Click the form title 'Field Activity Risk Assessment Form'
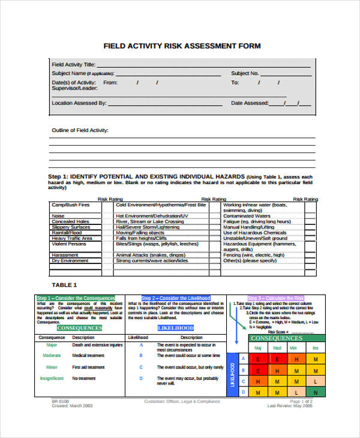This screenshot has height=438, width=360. (182, 46)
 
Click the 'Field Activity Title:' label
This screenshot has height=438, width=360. (73, 64)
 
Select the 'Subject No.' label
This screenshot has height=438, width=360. (245, 73)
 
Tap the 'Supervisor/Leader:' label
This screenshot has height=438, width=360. (74, 88)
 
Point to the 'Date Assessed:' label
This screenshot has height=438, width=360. (250, 103)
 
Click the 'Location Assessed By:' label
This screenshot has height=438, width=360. (79, 103)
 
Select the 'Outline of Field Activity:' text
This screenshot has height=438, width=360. (80, 130)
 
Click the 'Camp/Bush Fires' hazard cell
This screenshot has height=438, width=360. (70, 205)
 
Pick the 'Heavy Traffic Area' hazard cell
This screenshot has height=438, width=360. (72, 238)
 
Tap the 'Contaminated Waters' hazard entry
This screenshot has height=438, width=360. (247, 216)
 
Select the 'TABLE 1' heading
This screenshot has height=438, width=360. (64, 284)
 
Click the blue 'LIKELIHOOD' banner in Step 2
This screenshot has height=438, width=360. (175, 328)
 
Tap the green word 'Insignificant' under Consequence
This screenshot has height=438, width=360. (52, 379)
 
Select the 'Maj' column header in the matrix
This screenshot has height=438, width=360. (258, 348)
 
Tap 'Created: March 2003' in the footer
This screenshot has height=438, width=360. (72, 406)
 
